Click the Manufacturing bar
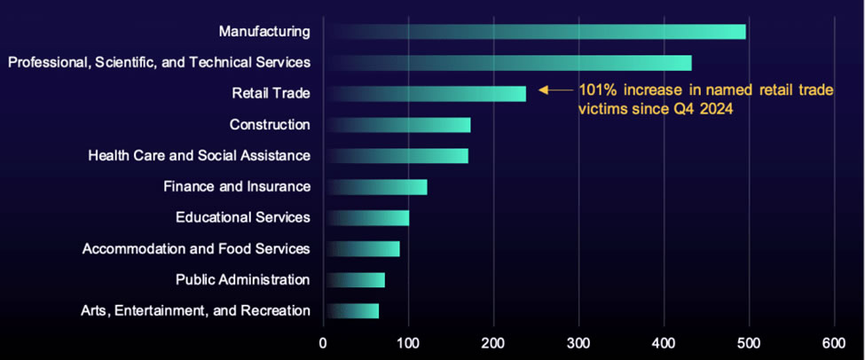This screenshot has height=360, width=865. tap(535, 32)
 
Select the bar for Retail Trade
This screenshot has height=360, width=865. tap(425, 93)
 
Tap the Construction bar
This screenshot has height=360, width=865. tap(397, 124)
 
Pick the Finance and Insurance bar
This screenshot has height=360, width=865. tap(375, 186)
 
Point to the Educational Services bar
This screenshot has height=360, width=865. tap(366, 217)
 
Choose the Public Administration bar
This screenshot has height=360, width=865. tap(354, 280)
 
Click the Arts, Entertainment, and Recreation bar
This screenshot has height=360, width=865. tap(351, 311)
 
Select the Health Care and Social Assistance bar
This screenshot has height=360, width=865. tap(396, 155)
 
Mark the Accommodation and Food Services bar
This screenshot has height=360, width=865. tap(362, 249)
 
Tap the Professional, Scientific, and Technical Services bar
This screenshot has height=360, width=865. tap(507, 62)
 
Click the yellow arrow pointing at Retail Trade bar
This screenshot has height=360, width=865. tap(555, 90)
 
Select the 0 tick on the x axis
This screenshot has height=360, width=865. tap(323, 342)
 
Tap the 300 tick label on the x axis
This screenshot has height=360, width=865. tap(578, 342)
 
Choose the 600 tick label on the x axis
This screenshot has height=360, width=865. tap(834, 342)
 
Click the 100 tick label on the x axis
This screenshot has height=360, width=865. tap(408, 342)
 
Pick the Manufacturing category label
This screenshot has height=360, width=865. tap(264, 32)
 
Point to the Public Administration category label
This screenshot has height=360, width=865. tap(242, 280)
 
